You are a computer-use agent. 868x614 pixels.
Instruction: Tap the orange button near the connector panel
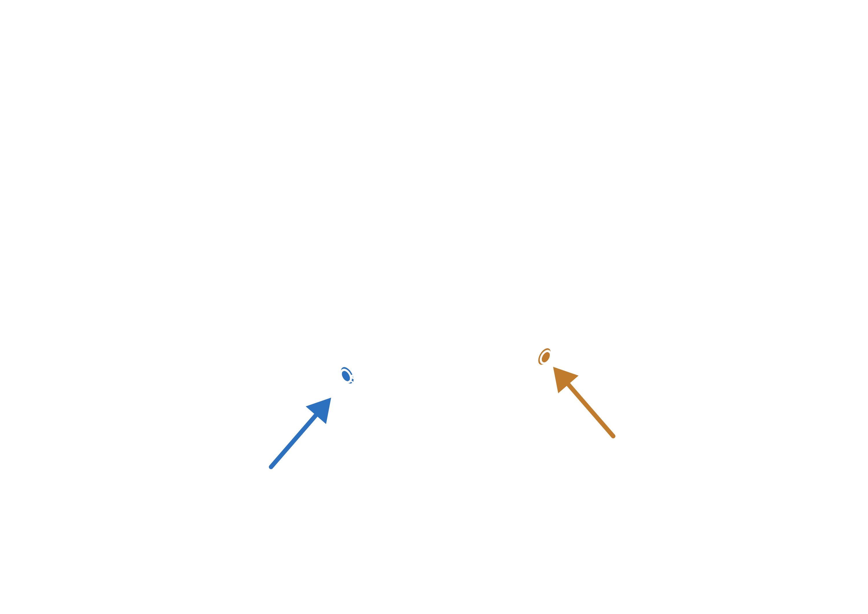coord(545,356)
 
